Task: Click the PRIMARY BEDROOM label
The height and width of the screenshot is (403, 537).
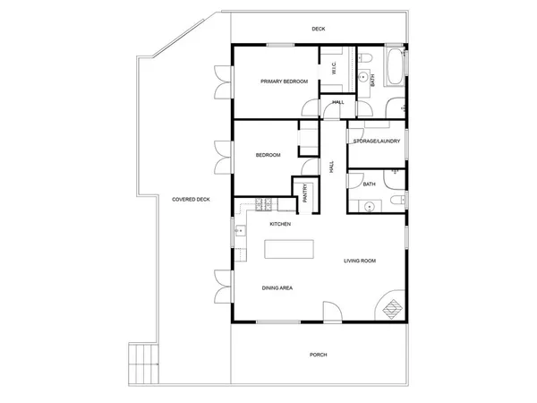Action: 284,81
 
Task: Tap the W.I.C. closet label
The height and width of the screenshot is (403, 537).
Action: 333,68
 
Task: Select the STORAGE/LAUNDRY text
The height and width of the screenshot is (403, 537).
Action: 376,141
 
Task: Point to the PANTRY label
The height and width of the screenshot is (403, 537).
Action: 305,193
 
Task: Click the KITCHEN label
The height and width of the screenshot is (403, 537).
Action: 280,224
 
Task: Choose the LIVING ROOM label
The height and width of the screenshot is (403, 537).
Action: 360,261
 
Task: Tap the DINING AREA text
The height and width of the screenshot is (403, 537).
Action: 277,287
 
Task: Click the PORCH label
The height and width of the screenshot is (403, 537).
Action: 318,355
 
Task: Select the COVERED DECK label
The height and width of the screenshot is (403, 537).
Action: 191,199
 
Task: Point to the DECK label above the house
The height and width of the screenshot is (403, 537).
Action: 319,29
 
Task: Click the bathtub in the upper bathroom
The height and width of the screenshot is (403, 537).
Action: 394,66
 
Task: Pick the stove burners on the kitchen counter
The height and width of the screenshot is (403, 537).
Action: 262,201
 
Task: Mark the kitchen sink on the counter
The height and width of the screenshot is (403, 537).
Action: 239,231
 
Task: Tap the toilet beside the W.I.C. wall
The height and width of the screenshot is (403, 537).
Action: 367,59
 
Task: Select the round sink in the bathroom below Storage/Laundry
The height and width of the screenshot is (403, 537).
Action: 366,206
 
